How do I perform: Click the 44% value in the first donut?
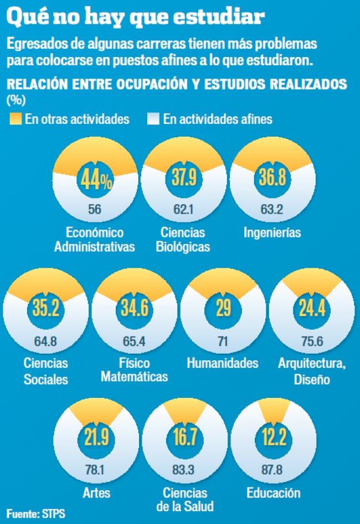click(96, 178)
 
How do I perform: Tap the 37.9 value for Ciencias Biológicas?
click(184, 178)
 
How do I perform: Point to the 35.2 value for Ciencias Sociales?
click(46, 308)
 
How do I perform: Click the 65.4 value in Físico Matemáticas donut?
click(135, 340)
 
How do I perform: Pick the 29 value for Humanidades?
click(223, 308)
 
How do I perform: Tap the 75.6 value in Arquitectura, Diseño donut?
click(312, 340)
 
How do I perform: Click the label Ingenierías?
click(272, 232)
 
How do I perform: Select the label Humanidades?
click(223, 364)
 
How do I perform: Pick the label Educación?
click(274, 493)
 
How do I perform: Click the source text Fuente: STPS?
click(36, 513)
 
